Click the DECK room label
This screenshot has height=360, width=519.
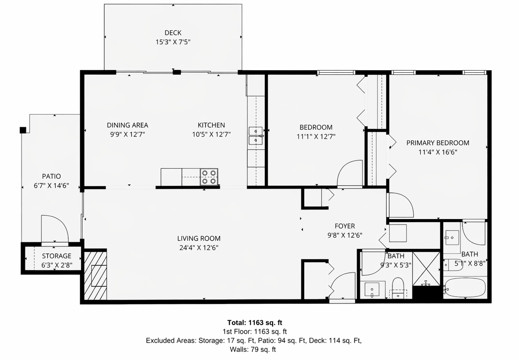[173, 33]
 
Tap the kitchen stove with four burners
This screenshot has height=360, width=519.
[209, 177]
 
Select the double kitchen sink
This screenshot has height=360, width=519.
[256, 136]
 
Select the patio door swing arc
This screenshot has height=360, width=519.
[55, 228]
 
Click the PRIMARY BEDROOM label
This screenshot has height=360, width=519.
[438, 143]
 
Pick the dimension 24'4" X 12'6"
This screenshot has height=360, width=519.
[199, 248]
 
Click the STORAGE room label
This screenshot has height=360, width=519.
[57, 256]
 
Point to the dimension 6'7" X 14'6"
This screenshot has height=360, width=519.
[51, 186]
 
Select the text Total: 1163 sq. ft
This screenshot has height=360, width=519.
[255, 323]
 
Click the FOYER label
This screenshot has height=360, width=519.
[345, 226]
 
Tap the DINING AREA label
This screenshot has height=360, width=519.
[128, 125]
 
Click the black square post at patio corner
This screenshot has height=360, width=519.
[23, 130]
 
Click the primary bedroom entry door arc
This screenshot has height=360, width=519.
[400, 205]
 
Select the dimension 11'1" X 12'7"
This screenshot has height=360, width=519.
[316, 136]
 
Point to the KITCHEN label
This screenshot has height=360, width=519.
[211, 125]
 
